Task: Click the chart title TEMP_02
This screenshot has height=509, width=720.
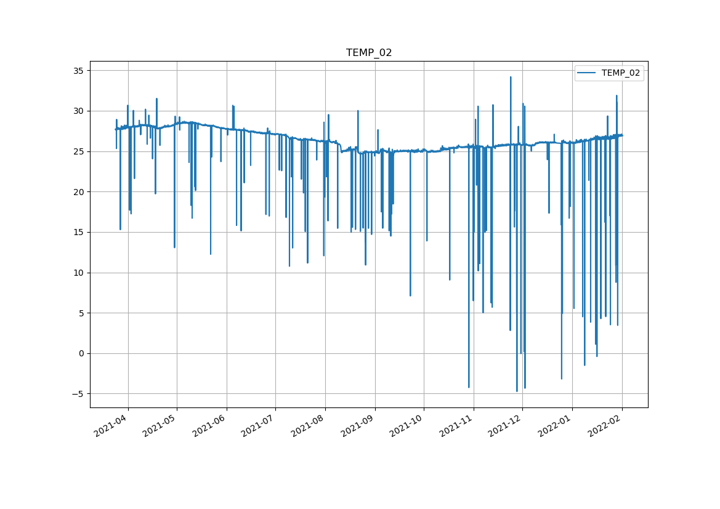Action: [369, 53]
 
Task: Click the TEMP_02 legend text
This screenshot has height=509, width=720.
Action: [620, 73]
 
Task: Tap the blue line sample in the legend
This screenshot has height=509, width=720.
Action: [586, 73]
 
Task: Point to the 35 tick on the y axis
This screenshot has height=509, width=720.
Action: [78, 71]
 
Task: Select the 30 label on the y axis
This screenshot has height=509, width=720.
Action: [78, 111]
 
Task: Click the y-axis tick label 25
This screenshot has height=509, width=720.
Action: [78, 151]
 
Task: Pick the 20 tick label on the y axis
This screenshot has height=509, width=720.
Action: [78, 192]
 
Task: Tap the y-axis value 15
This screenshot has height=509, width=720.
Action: [78, 233]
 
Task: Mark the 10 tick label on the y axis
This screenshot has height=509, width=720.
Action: [78, 273]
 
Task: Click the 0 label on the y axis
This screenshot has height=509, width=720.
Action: [81, 354]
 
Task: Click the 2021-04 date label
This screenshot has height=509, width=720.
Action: [111, 427]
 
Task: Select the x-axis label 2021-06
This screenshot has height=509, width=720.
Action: [209, 427]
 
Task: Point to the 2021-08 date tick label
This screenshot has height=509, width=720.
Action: [308, 427]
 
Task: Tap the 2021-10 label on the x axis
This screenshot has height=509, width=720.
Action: [407, 427]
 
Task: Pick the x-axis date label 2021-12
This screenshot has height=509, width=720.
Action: [505, 427]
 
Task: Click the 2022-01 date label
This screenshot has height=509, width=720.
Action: [555, 427]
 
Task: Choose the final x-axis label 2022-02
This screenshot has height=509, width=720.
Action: [605, 427]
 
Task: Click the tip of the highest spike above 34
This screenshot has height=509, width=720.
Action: [511, 77]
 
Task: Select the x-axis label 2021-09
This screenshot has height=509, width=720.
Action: [357, 427]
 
